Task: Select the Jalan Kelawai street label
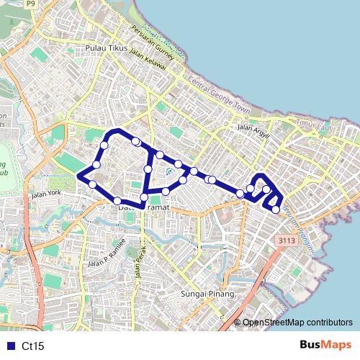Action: click(x=149, y=58)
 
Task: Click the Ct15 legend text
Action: click(x=33, y=346)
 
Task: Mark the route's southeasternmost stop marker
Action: click(x=276, y=210)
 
